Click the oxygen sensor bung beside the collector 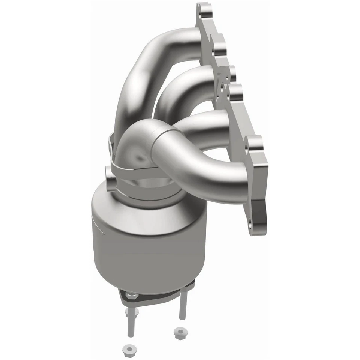point(109,174)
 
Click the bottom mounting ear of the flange point(259,221)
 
